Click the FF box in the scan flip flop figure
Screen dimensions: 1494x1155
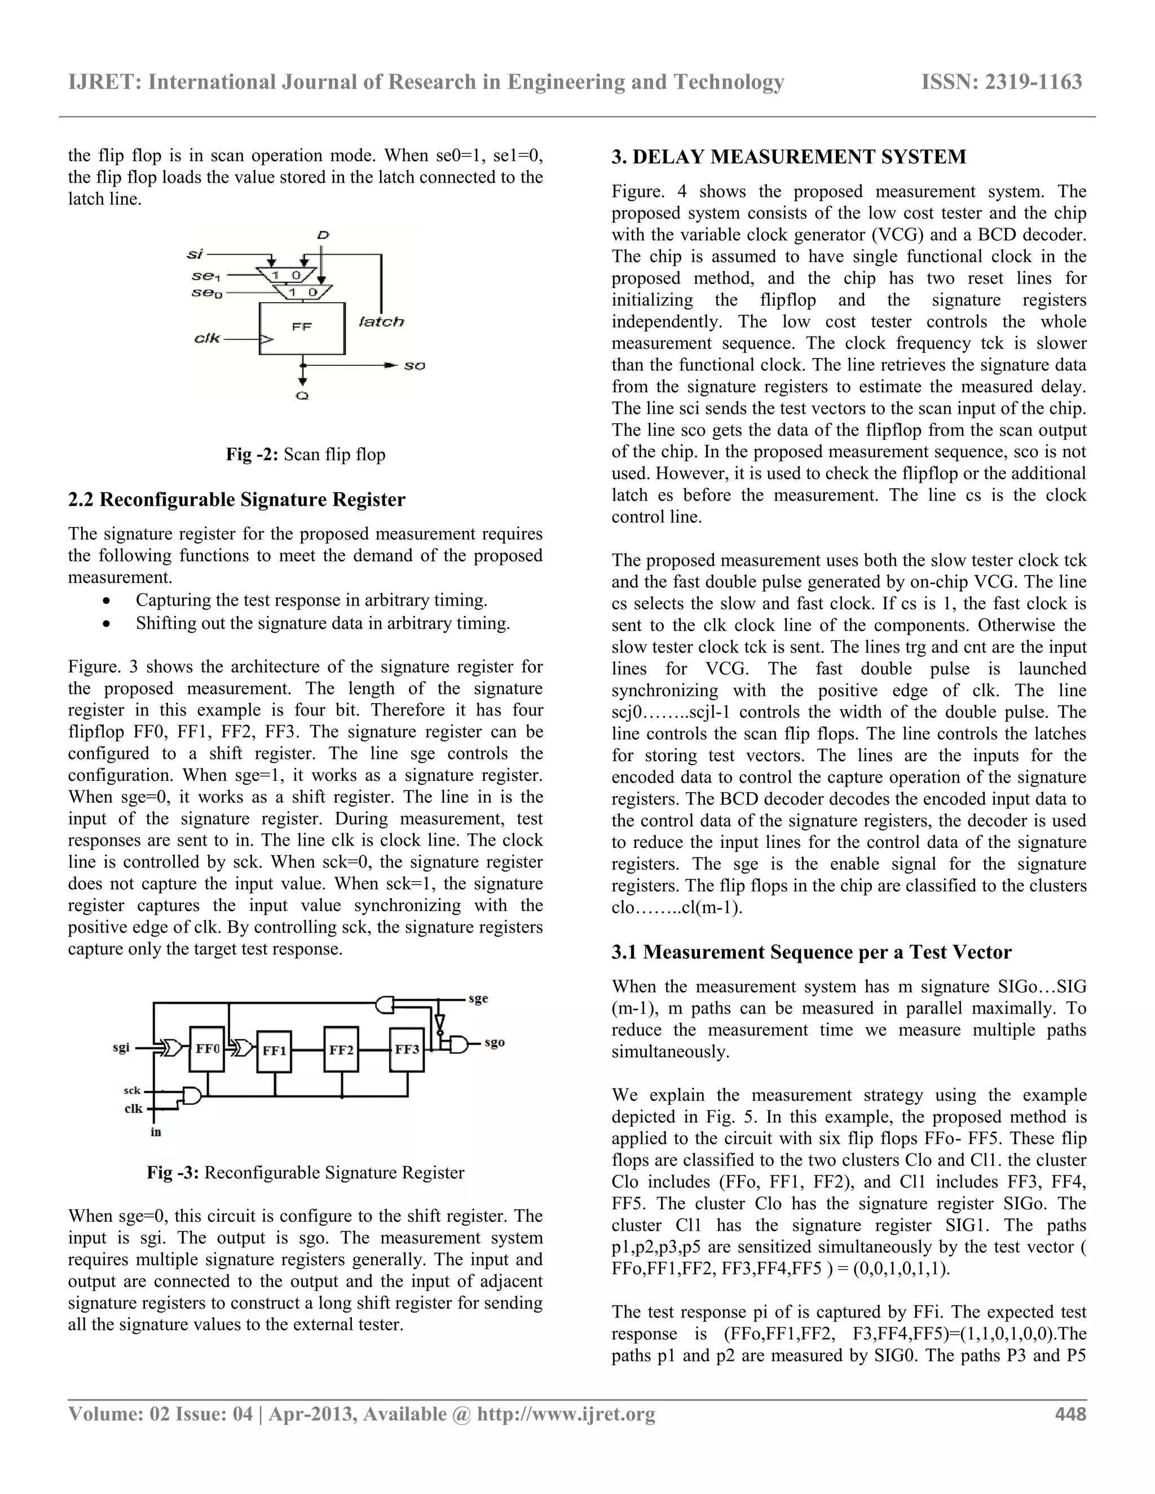coord(302,328)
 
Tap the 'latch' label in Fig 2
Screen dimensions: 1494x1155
coord(381,321)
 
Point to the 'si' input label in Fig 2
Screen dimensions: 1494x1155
coord(195,254)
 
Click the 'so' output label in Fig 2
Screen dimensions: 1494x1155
coord(414,366)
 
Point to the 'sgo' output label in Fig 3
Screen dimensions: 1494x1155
coord(494,1042)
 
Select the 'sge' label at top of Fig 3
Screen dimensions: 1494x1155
coord(478,999)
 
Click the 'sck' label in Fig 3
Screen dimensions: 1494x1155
coord(132,1090)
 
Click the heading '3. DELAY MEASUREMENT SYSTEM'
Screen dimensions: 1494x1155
coord(788,157)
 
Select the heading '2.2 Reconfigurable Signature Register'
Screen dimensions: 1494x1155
coord(237,500)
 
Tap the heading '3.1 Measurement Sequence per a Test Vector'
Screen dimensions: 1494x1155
coord(812,952)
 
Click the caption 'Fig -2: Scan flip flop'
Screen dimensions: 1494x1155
coord(306,455)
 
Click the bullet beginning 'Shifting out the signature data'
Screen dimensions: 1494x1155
coord(322,623)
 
